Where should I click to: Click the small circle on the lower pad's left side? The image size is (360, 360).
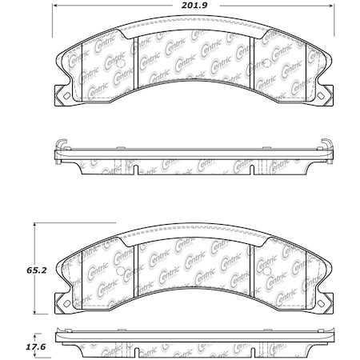(x=119, y=278)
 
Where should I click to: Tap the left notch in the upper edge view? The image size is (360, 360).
(x=138, y=169)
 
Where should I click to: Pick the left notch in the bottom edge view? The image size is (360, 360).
(x=138, y=351)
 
